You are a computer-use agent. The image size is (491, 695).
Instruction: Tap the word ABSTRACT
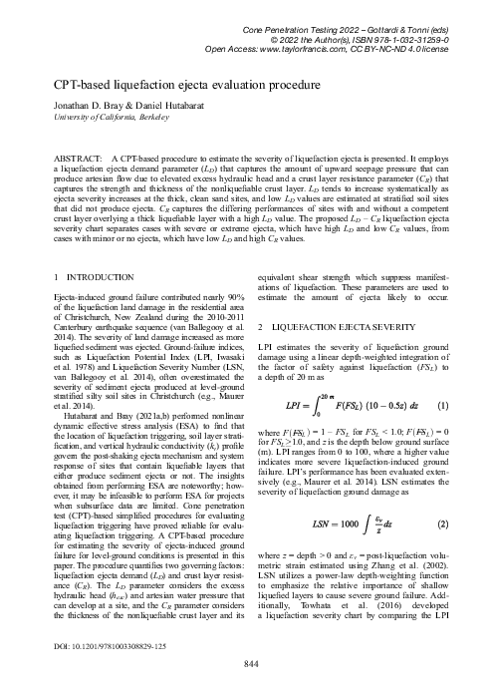(78, 159)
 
